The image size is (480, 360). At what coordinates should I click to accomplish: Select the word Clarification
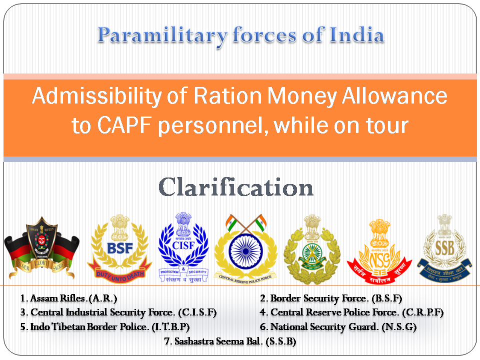[236, 187]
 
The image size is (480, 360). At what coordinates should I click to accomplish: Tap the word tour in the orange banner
[388, 125]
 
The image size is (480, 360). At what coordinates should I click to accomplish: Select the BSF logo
[119, 247]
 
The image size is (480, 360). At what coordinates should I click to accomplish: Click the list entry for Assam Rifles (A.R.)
[68, 298]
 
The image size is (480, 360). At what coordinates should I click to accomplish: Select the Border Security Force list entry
[331, 298]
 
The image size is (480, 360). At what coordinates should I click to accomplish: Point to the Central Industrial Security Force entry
[118, 312]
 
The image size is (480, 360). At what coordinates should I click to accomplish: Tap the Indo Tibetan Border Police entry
[105, 327]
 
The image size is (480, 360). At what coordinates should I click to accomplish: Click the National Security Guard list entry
[338, 327]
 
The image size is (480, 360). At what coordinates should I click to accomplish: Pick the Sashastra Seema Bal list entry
[230, 341]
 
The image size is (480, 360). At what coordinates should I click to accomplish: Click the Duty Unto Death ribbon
[119, 273]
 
